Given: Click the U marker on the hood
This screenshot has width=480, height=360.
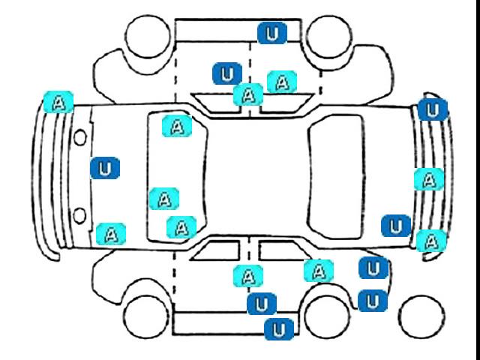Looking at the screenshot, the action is tap(105, 168).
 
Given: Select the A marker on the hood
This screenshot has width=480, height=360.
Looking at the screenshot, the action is tap(111, 234).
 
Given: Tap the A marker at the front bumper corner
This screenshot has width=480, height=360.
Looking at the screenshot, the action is tap(58, 102).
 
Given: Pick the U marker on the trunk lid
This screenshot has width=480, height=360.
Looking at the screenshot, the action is tap(396, 226).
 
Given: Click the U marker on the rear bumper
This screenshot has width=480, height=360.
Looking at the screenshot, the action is tap(433, 110).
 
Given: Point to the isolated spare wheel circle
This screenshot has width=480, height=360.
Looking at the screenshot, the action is tap(421, 316).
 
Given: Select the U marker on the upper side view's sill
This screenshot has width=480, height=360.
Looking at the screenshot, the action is tap(272, 33).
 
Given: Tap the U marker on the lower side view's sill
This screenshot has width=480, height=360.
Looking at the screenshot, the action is tap(279, 329).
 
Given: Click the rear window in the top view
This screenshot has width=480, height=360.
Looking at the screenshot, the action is tap(337, 177).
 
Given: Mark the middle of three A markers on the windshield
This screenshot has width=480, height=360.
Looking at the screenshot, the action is tap(164, 199).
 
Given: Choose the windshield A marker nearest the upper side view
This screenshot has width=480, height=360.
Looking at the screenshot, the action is tap(177, 126).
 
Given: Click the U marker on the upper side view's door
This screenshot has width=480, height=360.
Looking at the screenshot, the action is tap(227, 73).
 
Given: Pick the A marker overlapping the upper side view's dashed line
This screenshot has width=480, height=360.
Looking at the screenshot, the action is tap(248, 94).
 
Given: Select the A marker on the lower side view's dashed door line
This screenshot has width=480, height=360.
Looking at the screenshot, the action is tap(248, 276).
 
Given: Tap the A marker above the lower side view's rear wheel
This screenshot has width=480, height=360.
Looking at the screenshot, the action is tap(319, 271).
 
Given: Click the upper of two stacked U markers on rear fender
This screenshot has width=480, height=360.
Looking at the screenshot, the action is tap(373, 268).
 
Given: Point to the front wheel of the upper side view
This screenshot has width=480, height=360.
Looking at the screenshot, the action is tap(148, 36).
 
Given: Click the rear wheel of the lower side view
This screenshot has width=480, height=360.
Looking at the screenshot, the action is tap(328, 316).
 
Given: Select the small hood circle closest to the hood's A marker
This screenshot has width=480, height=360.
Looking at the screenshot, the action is tap(79, 215).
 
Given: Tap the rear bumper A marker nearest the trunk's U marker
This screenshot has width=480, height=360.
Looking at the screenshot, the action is tap(431, 241).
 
